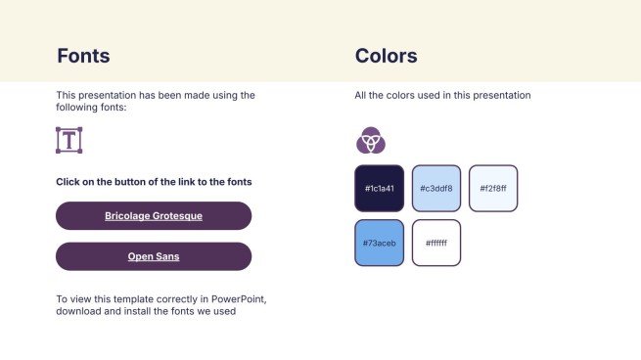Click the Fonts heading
pyautogui.click(x=83, y=56)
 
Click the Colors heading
pyautogui.click(x=386, y=56)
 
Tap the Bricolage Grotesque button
pyautogui.click(x=154, y=215)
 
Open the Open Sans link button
pyautogui.click(x=154, y=256)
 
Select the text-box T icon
pyautogui.click(x=69, y=140)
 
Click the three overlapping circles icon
pyautogui.click(x=370, y=141)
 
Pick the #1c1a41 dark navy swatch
pyautogui.click(x=379, y=188)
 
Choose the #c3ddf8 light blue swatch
pyautogui.click(x=435, y=188)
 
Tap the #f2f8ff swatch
pyautogui.click(x=493, y=188)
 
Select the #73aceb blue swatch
pyautogui.click(x=379, y=243)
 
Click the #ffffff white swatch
pyautogui.click(x=435, y=243)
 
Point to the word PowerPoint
pyautogui.click(x=234, y=297)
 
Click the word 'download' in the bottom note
pyautogui.click(x=78, y=311)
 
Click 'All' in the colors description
pyautogui.click(x=361, y=96)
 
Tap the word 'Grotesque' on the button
pyautogui.click(x=178, y=215)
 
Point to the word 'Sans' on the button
pyautogui.click(x=167, y=256)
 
